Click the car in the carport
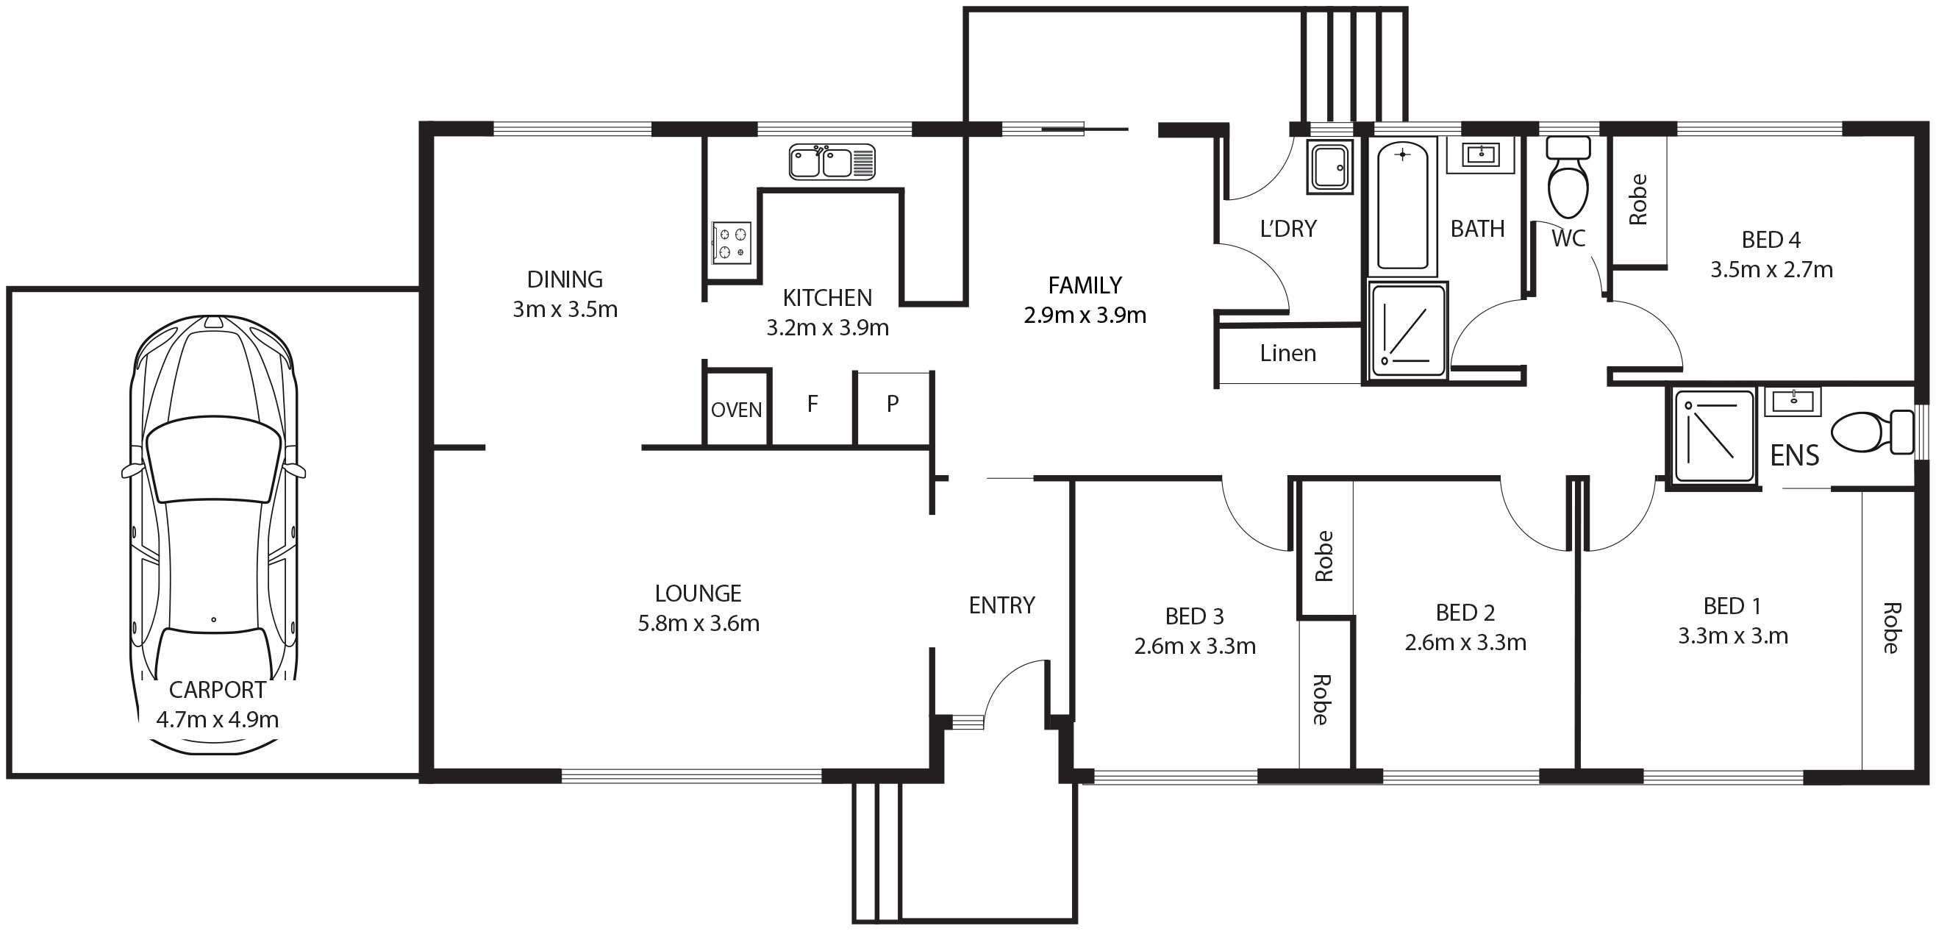pos(213,481)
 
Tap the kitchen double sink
pos(832,162)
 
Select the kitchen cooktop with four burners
pos(732,243)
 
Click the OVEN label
pos(737,410)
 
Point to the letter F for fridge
pos(812,404)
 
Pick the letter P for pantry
pos(893,404)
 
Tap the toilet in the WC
pos(1568,177)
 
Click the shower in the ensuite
pos(1714,436)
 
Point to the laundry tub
pos(1329,167)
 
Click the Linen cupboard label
pos(1288,353)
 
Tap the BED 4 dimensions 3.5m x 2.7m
pos(1771,270)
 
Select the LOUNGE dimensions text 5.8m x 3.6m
pos(699,623)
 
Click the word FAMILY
pos(1085,285)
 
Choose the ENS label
pos(1795,455)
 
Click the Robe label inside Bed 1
pos(1891,628)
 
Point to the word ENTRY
pos(1001,605)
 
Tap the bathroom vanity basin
pos(1481,156)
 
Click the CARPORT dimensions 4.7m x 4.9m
pos(217,720)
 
